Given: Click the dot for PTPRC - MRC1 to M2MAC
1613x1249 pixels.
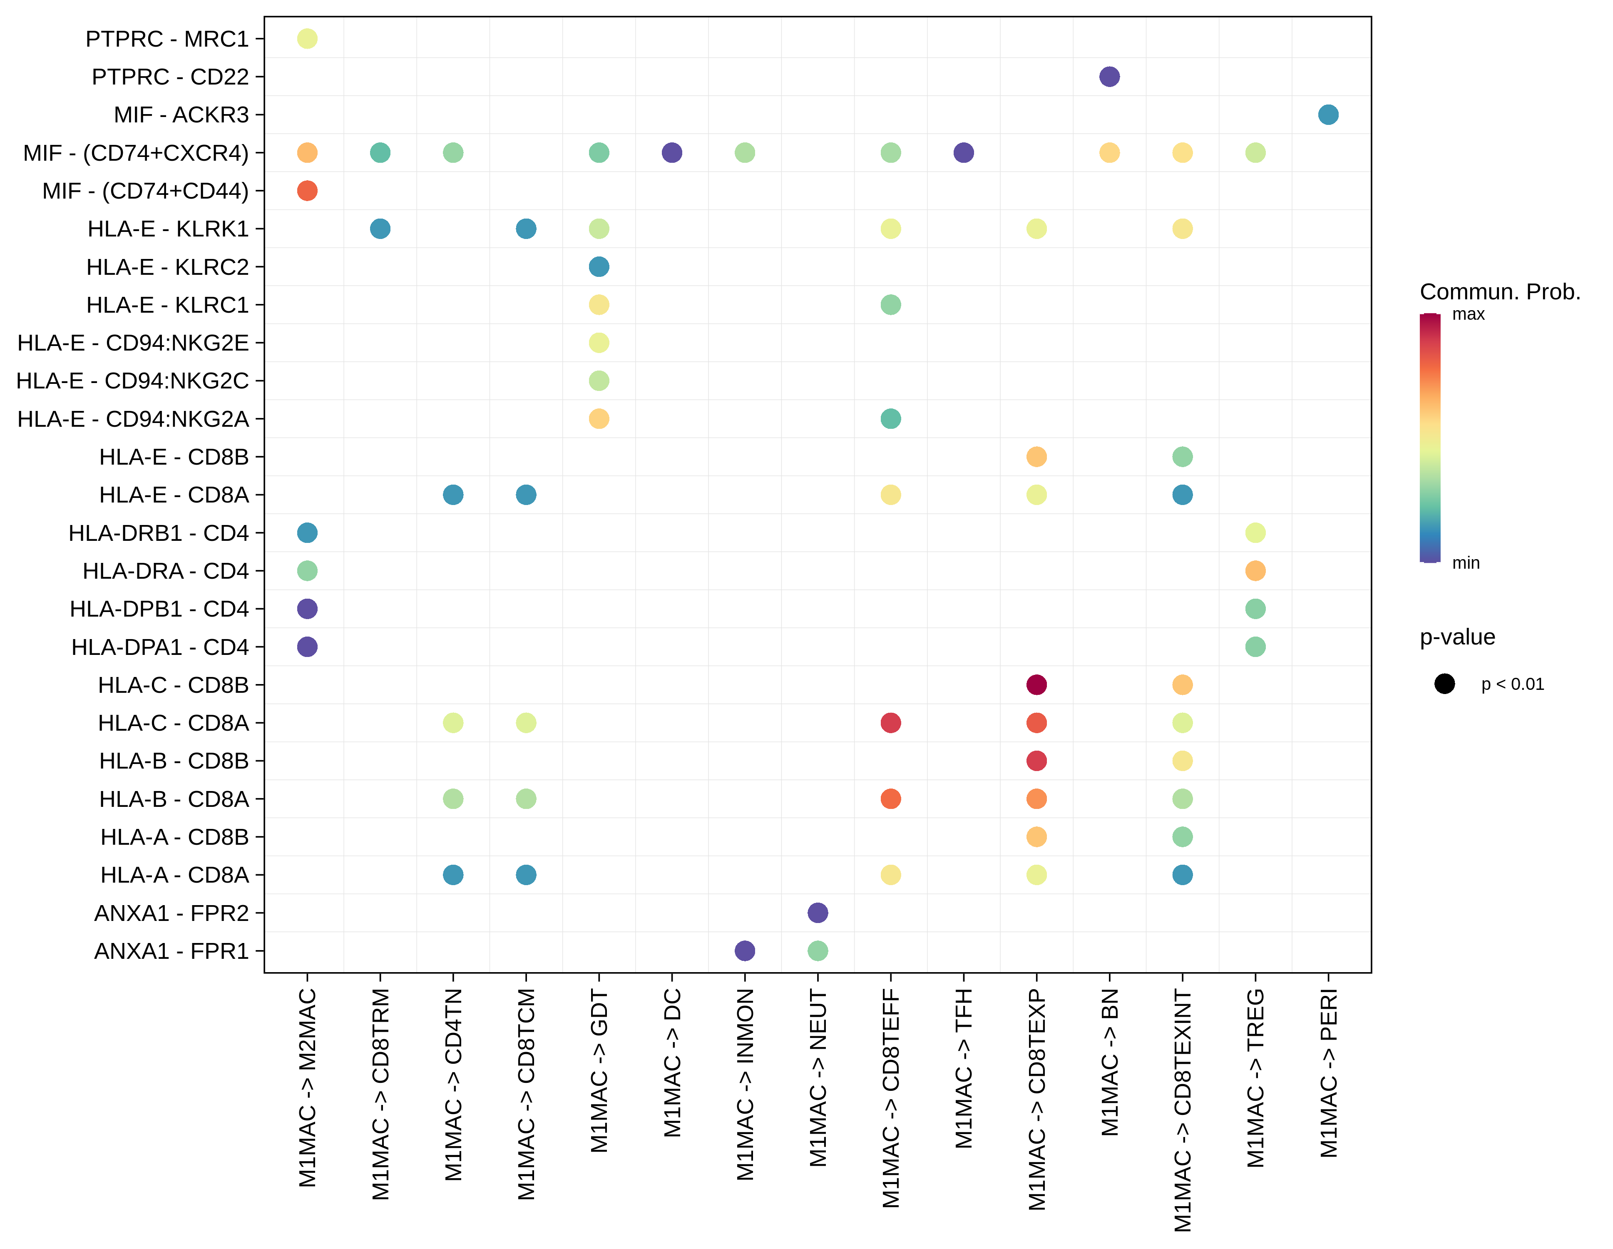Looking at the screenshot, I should pos(307,38).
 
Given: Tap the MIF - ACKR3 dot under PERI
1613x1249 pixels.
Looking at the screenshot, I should pos(1328,114).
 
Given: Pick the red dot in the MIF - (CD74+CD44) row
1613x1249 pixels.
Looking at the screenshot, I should pos(307,191).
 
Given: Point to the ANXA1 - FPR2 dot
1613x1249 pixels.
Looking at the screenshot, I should pos(818,913).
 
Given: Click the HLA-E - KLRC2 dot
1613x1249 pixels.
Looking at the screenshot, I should pos(599,266).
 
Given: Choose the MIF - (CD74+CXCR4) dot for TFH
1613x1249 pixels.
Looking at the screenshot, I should pos(963,153).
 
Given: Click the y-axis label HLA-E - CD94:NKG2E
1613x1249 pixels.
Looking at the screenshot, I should pos(133,343).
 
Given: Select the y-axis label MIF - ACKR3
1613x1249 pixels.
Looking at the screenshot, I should pos(181,114).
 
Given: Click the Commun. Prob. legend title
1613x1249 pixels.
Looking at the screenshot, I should pos(1499,292).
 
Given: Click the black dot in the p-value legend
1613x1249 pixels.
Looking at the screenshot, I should pos(1444,684).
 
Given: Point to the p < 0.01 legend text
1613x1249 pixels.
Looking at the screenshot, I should pos(1512,684).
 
